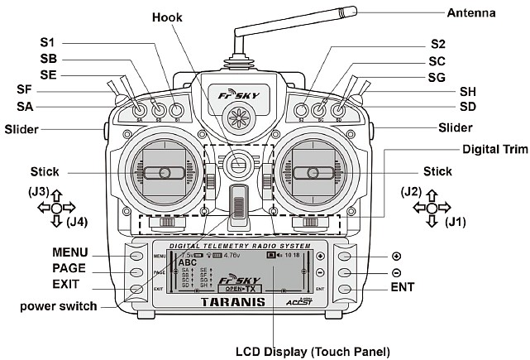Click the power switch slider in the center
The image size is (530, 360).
click(239, 205)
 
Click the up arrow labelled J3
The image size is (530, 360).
click(57, 195)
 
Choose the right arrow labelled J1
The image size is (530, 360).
click(445, 208)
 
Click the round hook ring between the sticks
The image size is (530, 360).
click(240, 165)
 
